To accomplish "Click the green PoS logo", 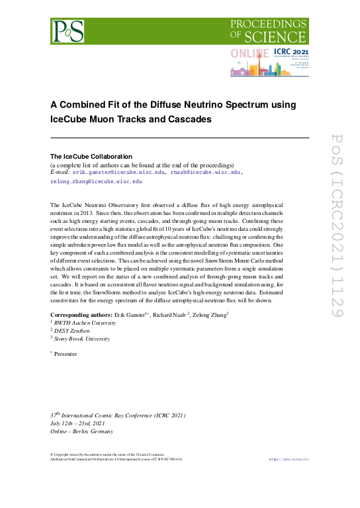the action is pos(69,31).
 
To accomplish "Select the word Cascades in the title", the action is pos(185,120).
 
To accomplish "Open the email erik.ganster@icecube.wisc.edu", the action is pos(118,172).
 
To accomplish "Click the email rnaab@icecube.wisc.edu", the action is pos(205,172).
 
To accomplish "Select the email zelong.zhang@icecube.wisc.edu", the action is pos(97,181).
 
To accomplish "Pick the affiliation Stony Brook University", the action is pos(83,338).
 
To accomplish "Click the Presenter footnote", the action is pos(66,354).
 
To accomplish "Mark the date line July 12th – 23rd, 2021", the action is pos(77,422).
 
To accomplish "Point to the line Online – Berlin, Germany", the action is pos(82,431).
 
